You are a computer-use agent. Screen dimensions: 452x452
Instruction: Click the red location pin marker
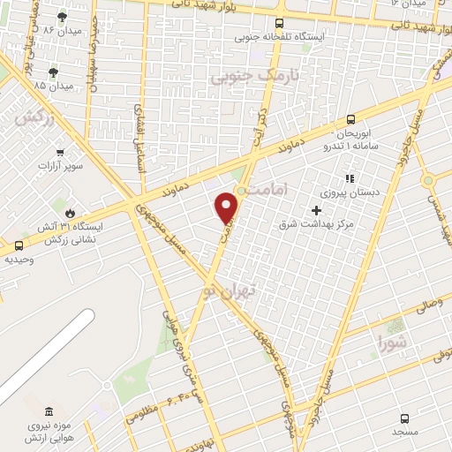227,207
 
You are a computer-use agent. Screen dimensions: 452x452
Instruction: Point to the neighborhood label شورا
395,340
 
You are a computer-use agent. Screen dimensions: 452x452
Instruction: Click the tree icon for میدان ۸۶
62,16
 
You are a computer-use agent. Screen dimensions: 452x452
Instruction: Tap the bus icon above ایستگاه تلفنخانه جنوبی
279,24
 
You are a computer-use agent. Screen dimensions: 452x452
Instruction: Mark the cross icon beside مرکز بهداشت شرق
316,210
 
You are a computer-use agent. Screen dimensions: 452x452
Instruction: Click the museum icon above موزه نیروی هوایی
47,411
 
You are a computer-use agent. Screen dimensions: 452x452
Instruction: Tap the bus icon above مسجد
404,418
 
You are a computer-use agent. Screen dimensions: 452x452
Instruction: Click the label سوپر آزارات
61,166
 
